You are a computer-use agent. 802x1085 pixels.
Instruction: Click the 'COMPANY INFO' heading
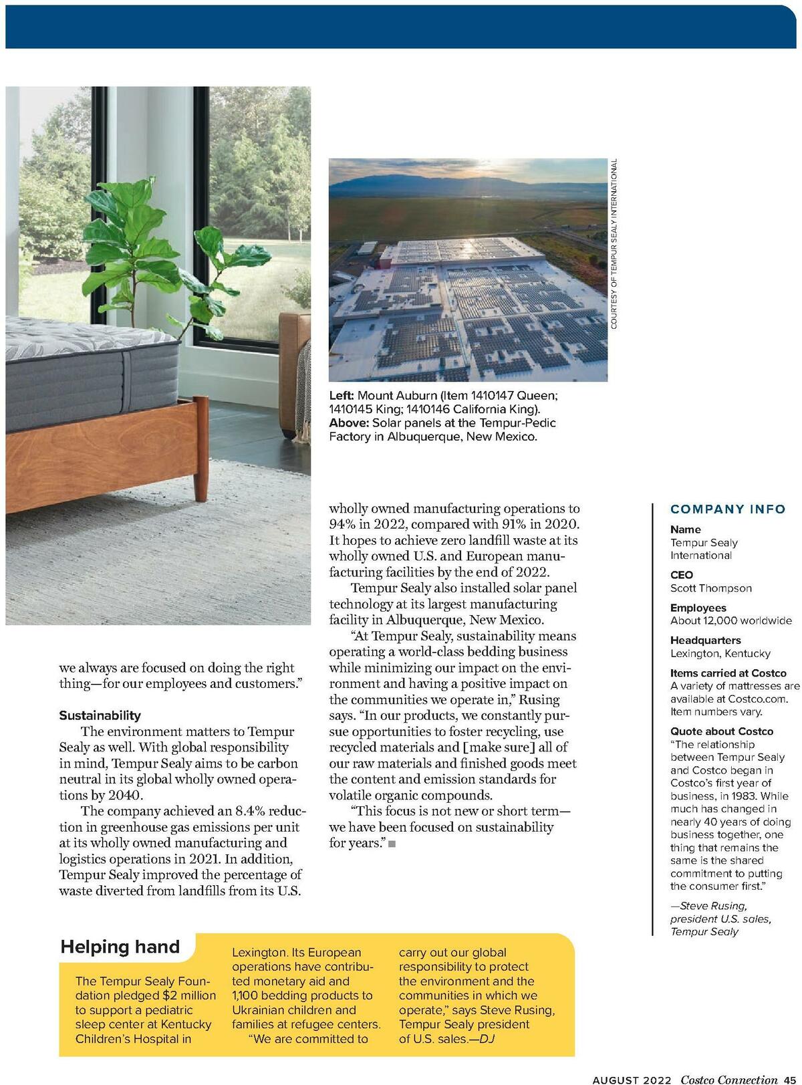click(728, 509)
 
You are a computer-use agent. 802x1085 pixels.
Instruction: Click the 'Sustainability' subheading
click(100, 715)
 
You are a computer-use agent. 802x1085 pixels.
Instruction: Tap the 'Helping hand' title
click(120, 947)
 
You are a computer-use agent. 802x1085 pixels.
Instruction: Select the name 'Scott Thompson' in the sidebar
click(710, 588)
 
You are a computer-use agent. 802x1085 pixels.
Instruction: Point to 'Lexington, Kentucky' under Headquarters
click(720, 653)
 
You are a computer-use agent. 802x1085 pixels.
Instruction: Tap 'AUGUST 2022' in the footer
click(633, 1079)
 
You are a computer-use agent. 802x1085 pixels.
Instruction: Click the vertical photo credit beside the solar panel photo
click(614, 243)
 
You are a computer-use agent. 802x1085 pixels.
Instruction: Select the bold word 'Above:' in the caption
click(349, 423)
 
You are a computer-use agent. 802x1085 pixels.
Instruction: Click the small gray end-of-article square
click(392, 844)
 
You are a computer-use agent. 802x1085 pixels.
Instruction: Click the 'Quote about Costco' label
click(721, 731)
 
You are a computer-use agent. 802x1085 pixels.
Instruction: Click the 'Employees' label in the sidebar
click(698, 608)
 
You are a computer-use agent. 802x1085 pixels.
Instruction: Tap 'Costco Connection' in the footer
click(729, 1079)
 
